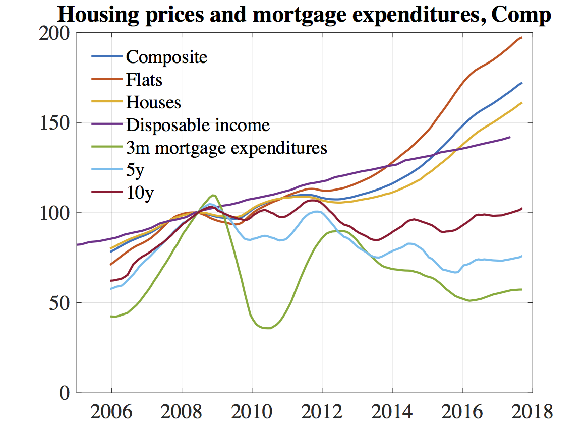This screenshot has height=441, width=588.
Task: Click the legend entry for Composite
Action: [166, 57]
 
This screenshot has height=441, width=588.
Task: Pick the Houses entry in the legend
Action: [153, 102]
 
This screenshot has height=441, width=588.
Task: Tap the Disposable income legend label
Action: [198, 125]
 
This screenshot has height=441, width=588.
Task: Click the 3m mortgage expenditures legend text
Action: [226, 148]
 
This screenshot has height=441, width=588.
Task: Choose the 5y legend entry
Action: [135, 171]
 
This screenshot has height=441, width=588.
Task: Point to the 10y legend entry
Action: [139, 193]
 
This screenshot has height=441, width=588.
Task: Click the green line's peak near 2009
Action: [214, 195]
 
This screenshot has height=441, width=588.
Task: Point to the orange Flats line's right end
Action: [521, 38]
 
